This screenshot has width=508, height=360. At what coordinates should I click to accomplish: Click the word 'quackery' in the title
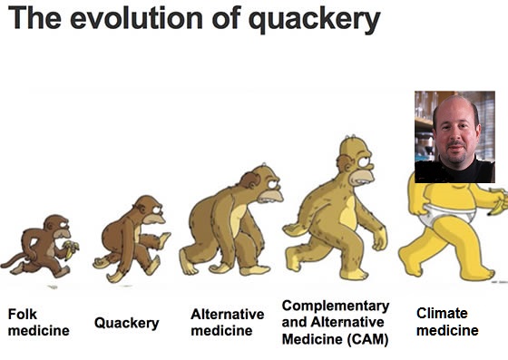(313, 20)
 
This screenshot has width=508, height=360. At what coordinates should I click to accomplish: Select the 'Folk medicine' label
(38, 322)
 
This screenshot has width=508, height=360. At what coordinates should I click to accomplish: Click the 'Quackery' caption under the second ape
(126, 323)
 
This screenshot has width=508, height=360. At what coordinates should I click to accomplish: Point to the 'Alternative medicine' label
(227, 322)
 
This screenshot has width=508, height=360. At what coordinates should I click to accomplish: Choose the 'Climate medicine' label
(447, 322)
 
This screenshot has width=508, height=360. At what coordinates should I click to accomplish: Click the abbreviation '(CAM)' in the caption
(363, 340)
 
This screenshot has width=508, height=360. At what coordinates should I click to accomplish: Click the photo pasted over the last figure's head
(454, 136)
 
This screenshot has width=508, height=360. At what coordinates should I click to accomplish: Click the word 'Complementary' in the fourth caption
(336, 306)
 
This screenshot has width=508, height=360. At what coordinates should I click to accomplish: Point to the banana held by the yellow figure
(497, 195)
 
